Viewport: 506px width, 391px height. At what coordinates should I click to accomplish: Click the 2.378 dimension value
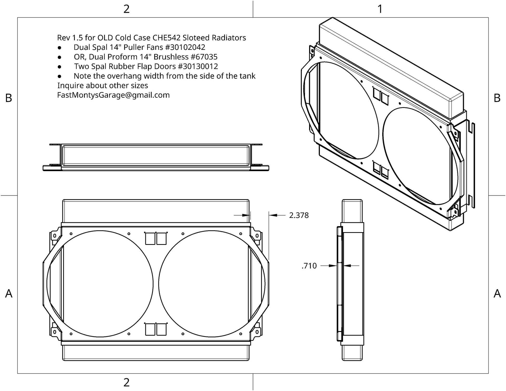tap(299, 215)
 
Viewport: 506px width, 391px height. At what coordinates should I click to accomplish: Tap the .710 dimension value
tap(309, 266)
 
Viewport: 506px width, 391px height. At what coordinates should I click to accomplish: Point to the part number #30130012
tap(198, 67)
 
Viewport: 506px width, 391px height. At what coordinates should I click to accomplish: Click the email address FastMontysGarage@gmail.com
tap(113, 95)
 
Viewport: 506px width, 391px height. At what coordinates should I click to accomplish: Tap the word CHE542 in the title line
tap(166, 38)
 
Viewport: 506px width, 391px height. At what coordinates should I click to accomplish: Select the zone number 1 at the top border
tap(380, 9)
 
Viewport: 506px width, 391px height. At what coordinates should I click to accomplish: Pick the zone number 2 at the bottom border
tap(126, 382)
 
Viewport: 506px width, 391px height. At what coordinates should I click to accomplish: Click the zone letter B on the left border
tap(9, 98)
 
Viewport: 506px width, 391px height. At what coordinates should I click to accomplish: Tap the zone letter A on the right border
tap(497, 294)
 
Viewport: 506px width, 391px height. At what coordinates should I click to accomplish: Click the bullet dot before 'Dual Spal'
tap(60, 48)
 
